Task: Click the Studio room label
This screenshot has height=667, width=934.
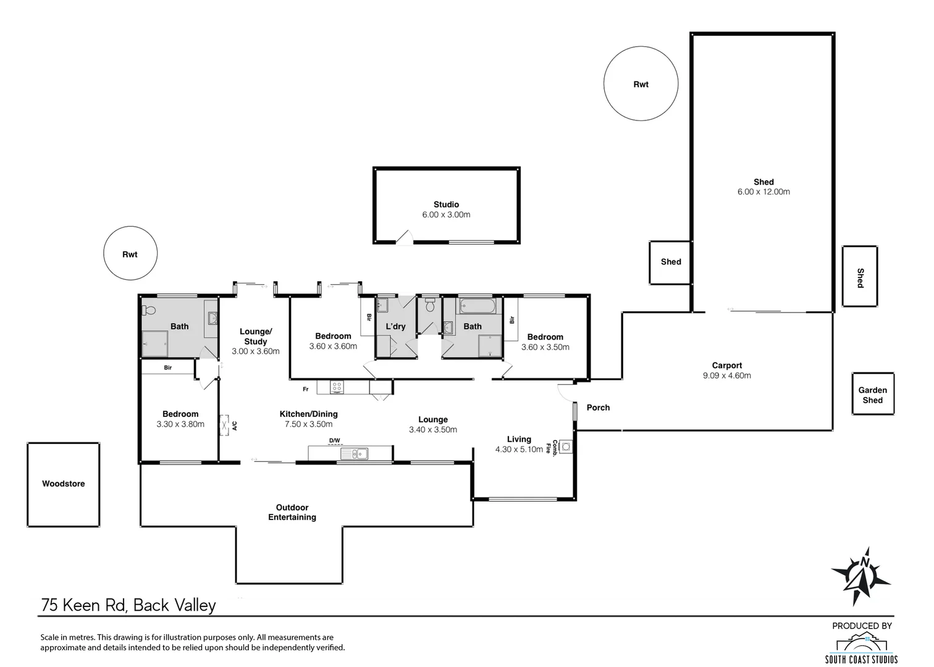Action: point(446,204)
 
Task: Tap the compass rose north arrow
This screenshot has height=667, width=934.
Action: point(861,577)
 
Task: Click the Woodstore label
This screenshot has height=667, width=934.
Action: point(64,484)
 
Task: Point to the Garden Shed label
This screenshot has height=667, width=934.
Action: point(873,395)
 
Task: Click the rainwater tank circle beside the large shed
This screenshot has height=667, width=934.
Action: point(641,83)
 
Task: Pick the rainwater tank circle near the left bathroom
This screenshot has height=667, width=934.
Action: point(130,253)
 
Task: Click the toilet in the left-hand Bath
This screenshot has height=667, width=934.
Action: point(149,310)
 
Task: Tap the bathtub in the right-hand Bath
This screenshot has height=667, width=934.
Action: point(478,306)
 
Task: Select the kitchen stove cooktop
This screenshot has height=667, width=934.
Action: point(337,387)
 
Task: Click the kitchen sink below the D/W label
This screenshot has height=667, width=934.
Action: point(355,453)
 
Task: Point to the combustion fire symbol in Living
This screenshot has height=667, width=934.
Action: point(566,447)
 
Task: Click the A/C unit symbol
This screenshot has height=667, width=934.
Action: point(225,425)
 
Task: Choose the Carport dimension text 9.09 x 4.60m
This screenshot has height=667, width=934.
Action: point(727,375)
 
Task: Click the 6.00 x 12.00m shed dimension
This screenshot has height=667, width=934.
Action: point(764,191)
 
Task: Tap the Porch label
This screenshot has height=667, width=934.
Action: point(598,408)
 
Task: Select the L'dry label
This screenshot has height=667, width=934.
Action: point(395,327)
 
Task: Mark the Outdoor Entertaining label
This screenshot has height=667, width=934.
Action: point(292,513)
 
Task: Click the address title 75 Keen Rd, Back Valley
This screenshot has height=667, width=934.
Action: point(128,605)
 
